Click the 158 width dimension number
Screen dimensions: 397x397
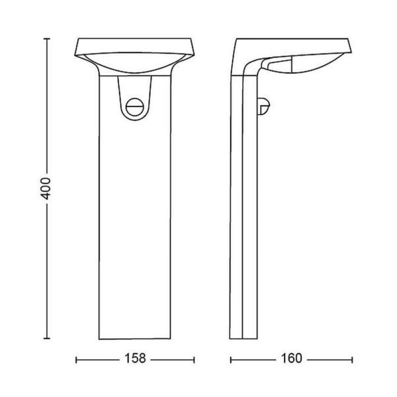(135, 359)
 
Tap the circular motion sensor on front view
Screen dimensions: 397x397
(135, 105)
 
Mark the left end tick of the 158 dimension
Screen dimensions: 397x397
(77, 359)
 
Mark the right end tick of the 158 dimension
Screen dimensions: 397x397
(194, 359)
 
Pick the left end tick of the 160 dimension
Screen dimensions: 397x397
(230, 359)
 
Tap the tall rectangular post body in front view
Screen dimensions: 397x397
(135, 232)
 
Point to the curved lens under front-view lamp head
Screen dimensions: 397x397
(135, 66)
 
